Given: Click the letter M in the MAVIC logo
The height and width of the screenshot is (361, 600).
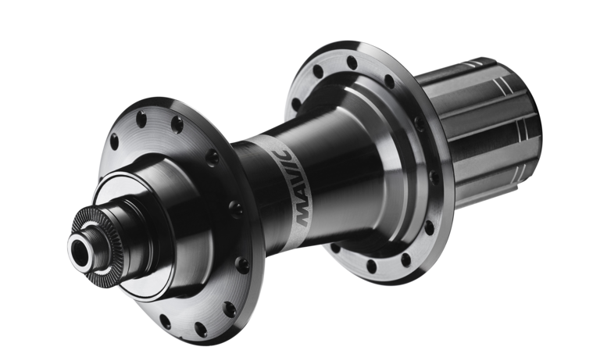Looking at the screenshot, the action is point(303,216).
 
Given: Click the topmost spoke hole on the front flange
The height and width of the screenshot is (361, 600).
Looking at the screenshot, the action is point(141,119).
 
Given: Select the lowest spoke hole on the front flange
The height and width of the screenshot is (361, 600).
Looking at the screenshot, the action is point(201,330).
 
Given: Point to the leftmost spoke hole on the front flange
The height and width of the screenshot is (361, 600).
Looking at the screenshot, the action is point(114,141).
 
